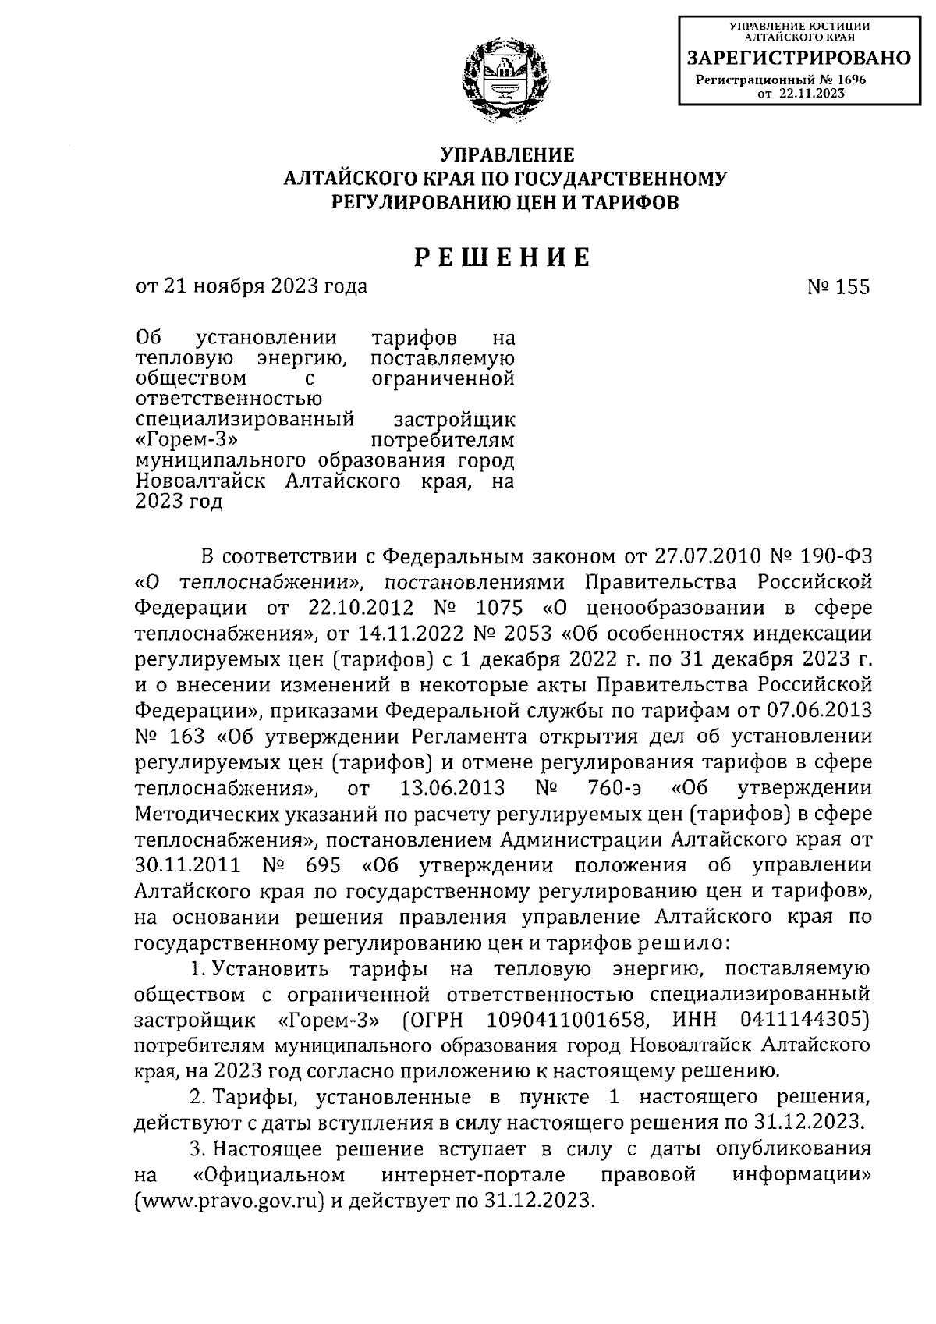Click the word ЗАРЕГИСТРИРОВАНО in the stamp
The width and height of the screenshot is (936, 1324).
798,59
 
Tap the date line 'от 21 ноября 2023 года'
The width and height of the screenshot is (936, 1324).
251,287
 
